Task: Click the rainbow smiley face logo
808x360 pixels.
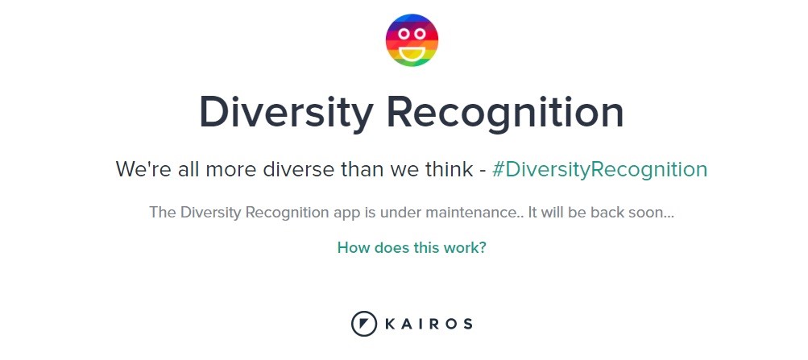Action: (412, 40)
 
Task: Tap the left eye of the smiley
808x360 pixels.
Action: (404, 34)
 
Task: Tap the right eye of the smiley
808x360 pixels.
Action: (420, 34)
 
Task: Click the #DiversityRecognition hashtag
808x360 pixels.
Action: (600, 169)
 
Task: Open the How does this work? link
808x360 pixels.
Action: (412, 248)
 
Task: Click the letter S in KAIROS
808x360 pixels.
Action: (467, 324)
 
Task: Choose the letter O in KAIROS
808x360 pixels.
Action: (450, 324)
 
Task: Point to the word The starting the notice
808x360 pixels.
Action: (163, 212)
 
